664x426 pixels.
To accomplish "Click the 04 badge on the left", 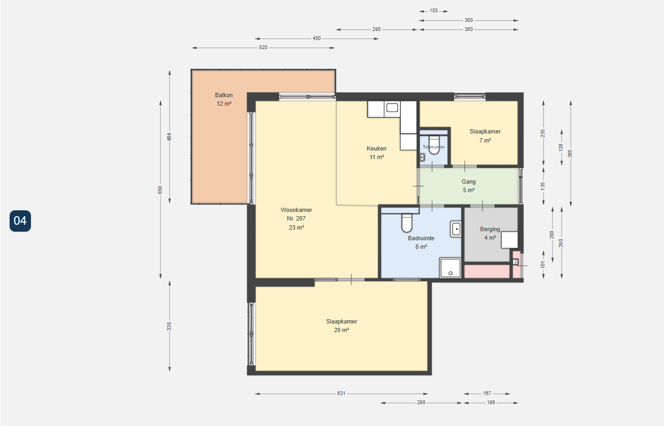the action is (x=20, y=221).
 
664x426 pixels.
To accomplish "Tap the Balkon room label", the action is (x=224, y=95).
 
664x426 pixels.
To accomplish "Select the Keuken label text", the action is (x=376, y=148).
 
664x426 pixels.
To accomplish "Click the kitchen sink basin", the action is (x=392, y=108).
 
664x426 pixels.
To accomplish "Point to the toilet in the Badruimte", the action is (x=407, y=223).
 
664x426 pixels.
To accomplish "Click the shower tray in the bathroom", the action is (x=450, y=268).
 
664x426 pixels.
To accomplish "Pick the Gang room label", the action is (x=469, y=182).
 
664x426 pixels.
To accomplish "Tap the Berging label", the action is (x=490, y=229).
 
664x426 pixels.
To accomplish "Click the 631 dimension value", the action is (x=341, y=393).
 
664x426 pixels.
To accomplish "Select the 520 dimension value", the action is (x=263, y=48).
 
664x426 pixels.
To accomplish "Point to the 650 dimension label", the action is (x=160, y=190).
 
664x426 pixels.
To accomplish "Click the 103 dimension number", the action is (x=433, y=11).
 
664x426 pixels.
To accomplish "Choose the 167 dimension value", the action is (x=487, y=393).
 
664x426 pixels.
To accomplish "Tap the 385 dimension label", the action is (x=570, y=154).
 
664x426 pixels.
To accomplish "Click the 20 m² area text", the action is (x=342, y=330).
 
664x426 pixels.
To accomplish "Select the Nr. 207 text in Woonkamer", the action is (x=296, y=218).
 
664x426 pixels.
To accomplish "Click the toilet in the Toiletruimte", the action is (x=434, y=145).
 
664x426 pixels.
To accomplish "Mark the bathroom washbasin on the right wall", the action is (x=456, y=229).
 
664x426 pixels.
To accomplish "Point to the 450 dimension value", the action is (x=317, y=38).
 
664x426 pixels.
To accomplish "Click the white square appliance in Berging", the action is (x=510, y=240).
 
